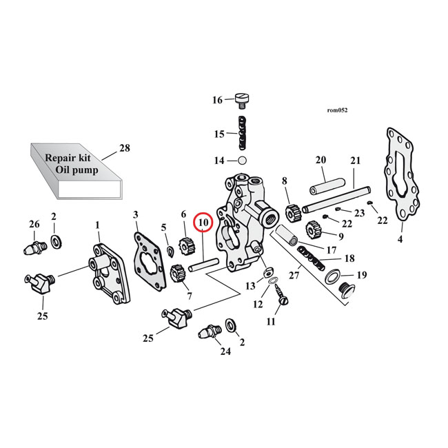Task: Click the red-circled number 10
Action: (x=203, y=223)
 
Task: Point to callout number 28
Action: (x=125, y=147)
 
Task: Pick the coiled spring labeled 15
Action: (x=243, y=134)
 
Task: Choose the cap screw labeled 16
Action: (x=242, y=101)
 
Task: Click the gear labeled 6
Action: (x=184, y=243)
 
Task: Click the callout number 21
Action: (x=355, y=161)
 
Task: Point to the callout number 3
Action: (x=136, y=214)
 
